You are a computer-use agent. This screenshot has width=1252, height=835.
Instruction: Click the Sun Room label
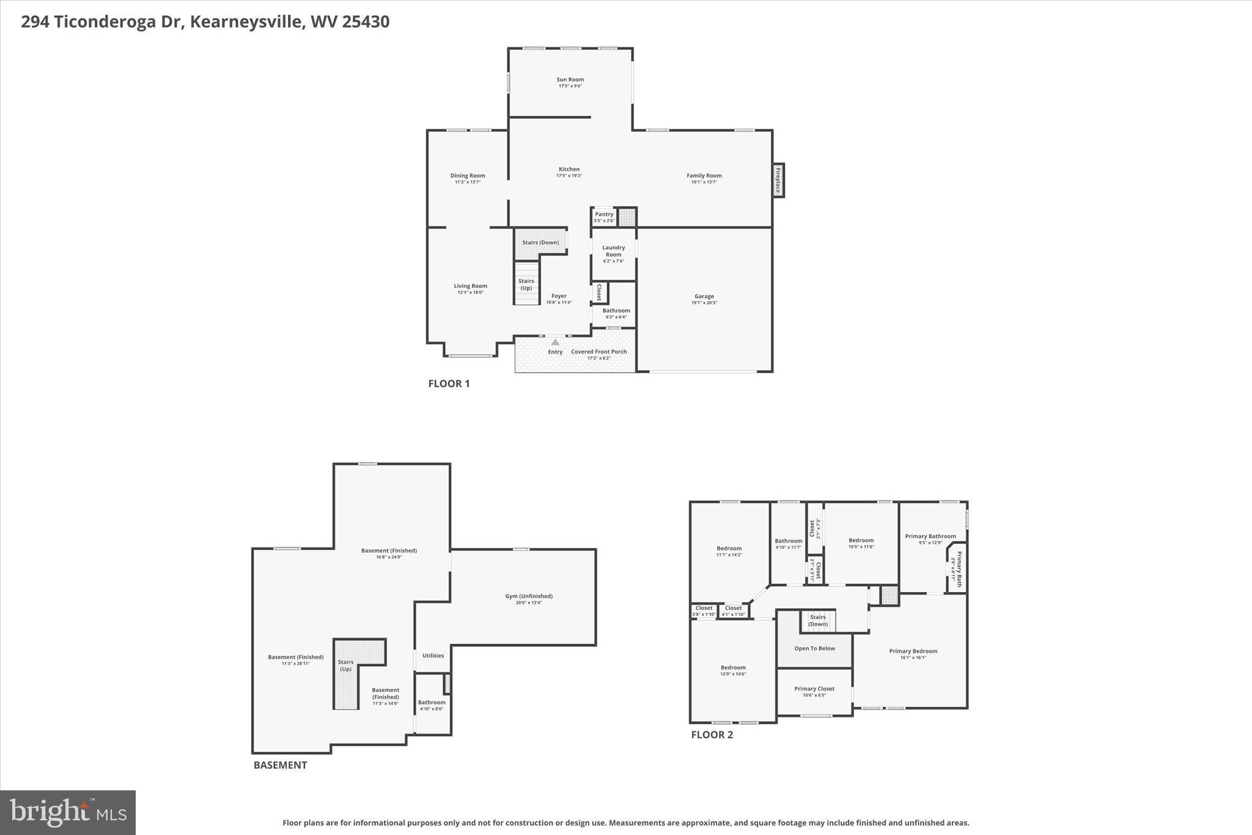570,80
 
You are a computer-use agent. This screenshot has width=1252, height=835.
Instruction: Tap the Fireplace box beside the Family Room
778,180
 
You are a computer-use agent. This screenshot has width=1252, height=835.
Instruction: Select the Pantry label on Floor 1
604,214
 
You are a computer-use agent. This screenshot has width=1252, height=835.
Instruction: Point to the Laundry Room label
613,251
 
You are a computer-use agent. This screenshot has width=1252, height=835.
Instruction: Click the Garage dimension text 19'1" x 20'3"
704,303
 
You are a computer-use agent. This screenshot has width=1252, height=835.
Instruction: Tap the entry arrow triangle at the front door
555,343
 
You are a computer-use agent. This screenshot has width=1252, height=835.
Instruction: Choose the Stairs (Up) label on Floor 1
526,284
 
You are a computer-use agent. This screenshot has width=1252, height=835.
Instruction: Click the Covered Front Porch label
598,352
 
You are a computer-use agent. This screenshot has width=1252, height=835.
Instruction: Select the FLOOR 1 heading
449,384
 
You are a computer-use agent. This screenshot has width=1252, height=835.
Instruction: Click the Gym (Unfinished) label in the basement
528,596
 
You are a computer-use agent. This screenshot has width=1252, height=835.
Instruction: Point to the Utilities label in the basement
433,656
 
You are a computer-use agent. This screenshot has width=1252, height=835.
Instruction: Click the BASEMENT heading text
280,765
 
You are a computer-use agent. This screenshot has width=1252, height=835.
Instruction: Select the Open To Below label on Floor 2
814,648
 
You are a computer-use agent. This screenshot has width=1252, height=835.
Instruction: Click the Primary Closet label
814,689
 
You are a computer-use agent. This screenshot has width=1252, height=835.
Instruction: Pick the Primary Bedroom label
913,651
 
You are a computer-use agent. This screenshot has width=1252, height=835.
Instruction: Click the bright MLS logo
68,812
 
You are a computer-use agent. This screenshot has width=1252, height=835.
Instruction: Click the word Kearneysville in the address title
246,22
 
